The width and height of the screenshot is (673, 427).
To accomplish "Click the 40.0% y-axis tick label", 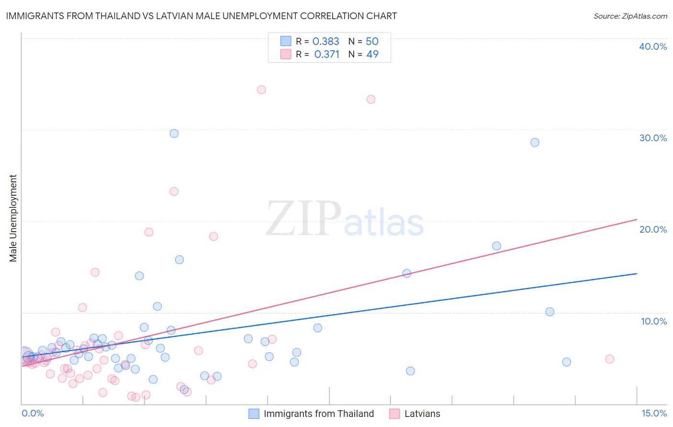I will tap(653, 46).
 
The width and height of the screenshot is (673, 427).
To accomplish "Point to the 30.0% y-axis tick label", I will tap(653, 138).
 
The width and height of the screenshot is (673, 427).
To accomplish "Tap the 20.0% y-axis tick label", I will tap(653, 229).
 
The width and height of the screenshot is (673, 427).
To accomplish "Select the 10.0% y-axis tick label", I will tap(654, 321).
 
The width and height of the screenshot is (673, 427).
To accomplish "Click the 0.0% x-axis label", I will tap(33, 413).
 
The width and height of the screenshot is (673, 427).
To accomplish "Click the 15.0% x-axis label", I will tap(654, 413).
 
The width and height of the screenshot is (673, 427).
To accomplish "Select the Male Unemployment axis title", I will tap(13, 218).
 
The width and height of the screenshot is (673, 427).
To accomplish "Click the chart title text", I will tap(201, 16).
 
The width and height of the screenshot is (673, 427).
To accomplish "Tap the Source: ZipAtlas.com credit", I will tap(630, 16).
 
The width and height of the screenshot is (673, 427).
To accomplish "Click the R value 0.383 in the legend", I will tap(325, 42).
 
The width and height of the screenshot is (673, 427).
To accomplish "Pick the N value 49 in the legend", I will tap(372, 55).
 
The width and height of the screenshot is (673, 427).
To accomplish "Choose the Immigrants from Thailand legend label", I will tap(318, 414).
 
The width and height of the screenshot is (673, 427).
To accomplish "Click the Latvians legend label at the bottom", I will tap(422, 414).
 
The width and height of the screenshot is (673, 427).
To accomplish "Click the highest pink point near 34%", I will tap(261, 90).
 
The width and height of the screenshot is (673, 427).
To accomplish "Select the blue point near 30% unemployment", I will tap(174, 134).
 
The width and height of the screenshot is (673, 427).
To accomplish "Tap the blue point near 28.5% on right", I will tap(535, 142).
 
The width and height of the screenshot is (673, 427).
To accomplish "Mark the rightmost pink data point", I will tap(609, 359).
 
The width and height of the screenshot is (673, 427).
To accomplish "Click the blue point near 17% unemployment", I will tap(496, 246).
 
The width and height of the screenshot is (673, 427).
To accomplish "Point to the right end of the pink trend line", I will tap(637, 219).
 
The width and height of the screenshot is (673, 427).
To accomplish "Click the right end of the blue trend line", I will tap(637, 273).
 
